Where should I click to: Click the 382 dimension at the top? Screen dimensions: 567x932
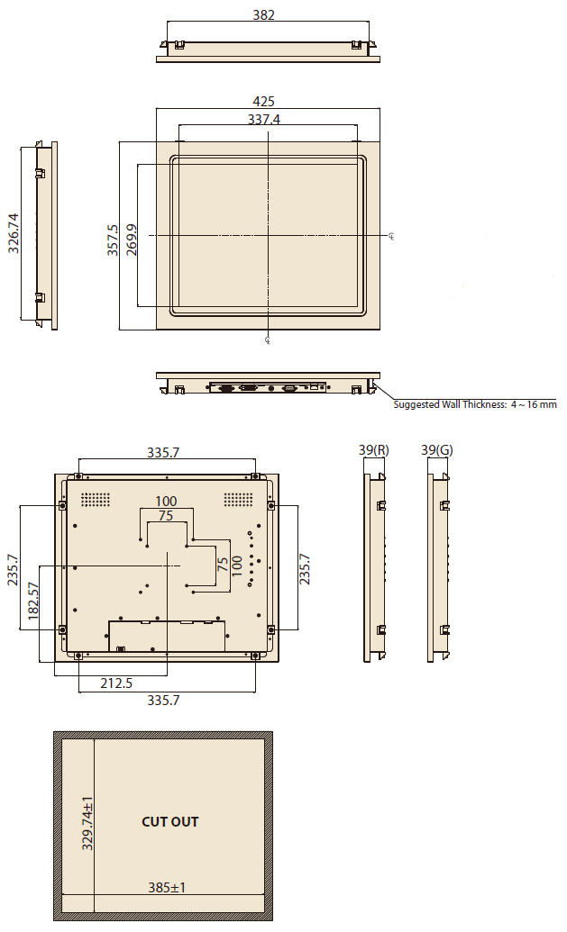click(x=263, y=15)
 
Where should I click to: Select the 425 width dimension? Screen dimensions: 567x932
click(x=263, y=102)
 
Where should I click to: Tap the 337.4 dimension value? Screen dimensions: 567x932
click(x=263, y=120)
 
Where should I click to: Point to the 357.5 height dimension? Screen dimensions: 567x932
click(x=113, y=240)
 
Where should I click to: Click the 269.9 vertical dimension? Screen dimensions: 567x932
click(x=132, y=240)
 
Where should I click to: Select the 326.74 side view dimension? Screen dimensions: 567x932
click(x=14, y=233)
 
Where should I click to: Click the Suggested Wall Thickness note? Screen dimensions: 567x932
click(x=475, y=404)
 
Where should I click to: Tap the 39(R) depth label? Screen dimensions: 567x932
click(x=373, y=450)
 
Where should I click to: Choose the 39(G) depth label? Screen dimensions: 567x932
click(x=436, y=450)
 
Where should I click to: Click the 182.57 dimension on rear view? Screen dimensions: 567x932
click(x=33, y=601)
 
